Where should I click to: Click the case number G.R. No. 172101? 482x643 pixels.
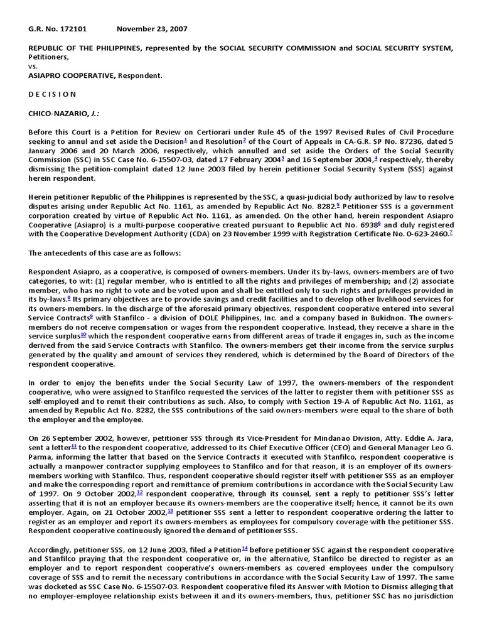pos(58,30)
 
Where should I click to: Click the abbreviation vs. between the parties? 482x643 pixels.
pos(33,66)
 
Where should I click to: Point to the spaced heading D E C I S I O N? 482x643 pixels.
pos(53,94)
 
